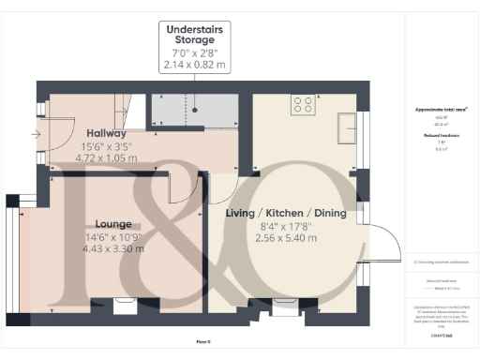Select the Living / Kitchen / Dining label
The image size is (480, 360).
pyautogui.click(x=286, y=214)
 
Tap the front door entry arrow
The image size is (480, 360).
pyautogui.click(x=36, y=133)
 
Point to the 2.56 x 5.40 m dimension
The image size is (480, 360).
pyautogui.click(x=286, y=239)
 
